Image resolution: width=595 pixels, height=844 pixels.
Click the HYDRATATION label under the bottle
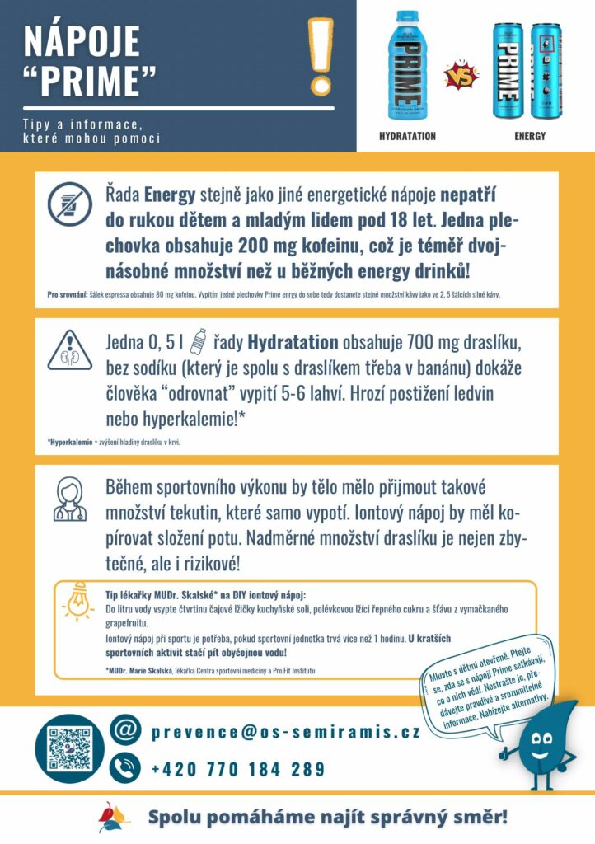point(407,136)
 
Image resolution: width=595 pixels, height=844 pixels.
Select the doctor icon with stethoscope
point(70,499)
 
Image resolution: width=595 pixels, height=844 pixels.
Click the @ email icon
point(125,731)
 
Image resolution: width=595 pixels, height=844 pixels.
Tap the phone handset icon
point(125,769)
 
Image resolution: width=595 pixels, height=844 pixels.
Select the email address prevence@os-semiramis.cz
point(285,732)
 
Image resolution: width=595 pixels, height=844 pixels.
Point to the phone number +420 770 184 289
point(238,770)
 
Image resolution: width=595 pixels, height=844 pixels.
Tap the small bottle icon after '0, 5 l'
point(198,340)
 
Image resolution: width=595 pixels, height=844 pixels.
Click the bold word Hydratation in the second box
point(293,341)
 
